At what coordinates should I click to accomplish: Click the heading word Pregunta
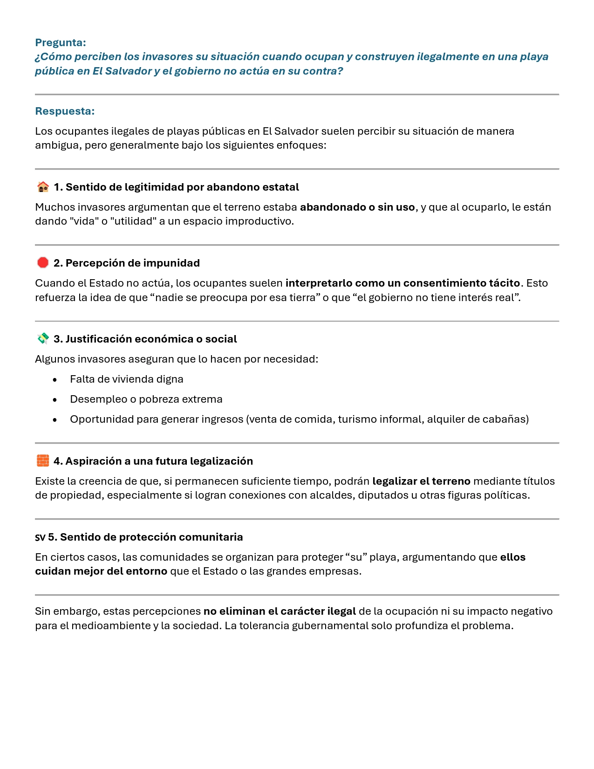click(61, 43)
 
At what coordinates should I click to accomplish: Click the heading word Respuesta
click(65, 111)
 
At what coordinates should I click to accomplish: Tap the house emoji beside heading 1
click(43, 187)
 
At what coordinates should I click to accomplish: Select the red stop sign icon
click(43, 263)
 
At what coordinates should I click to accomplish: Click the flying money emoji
click(43, 339)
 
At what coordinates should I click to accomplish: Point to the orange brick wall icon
click(43, 461)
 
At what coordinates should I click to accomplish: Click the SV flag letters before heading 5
click(40, 537)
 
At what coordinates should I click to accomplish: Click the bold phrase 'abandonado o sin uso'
click(357, 207)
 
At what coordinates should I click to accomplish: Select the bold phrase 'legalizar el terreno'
click(421, 481)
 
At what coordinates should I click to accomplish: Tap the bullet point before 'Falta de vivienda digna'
click(55, 380)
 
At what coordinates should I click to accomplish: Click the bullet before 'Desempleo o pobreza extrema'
click(55, 400)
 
